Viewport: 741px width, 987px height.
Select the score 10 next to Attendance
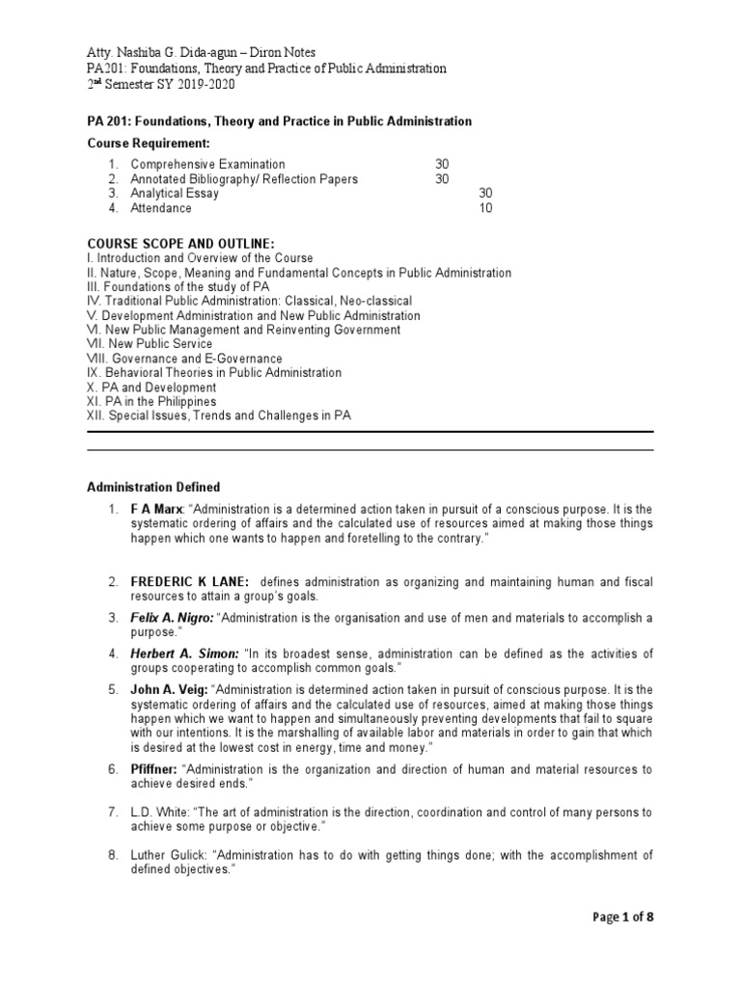tap(486, 207)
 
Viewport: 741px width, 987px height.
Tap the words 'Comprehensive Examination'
tap(207, 165)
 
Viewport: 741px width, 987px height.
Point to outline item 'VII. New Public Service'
tap(150, 344)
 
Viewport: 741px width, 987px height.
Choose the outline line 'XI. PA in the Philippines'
tap(151, 401)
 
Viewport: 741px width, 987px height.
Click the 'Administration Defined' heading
tap(153, 487)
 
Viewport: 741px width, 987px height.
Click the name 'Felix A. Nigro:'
tap(173, 618)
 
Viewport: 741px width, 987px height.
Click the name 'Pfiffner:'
tap(153, 769)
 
